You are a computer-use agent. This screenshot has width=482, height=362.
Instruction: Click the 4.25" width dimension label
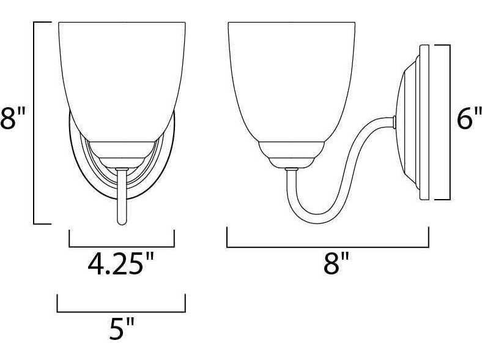[120, 264]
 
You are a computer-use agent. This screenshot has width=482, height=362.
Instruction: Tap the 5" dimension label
[122, 329]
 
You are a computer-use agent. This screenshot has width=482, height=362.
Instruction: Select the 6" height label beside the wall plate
[469, 118]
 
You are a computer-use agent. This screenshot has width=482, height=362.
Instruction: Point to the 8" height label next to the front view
[12, 118]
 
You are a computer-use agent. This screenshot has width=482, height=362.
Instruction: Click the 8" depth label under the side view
[336, 263]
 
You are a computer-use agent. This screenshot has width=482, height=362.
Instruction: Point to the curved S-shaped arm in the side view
[338, 172]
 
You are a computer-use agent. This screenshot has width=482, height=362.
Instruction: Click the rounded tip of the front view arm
[122, 222]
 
